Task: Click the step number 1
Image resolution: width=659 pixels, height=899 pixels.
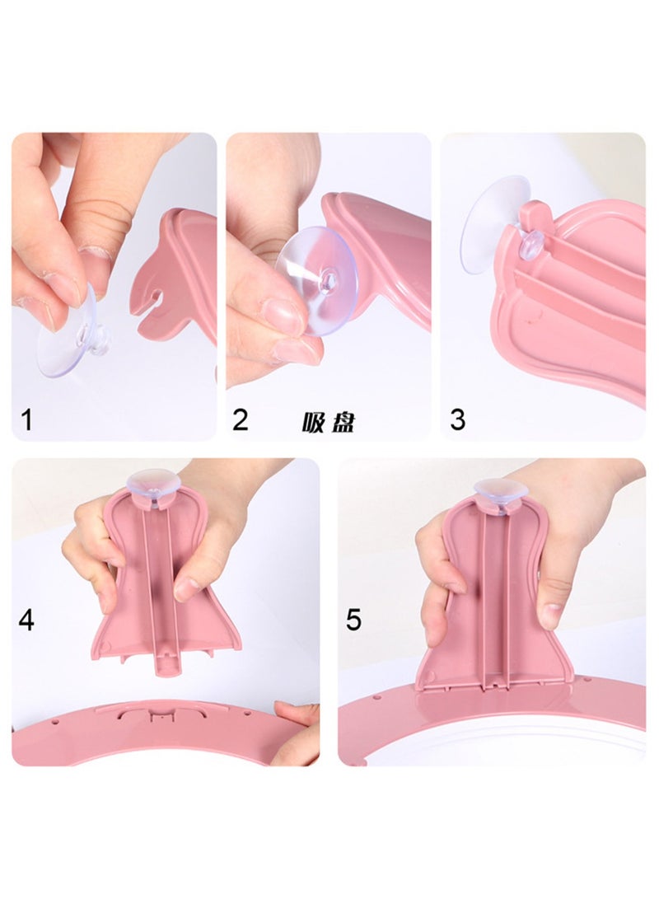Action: click(26, 420)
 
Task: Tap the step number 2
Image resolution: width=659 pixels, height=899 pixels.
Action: click(241, 420)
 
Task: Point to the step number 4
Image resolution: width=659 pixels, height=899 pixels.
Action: click(26, 620)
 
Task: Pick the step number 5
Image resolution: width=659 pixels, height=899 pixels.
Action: click(353, 620)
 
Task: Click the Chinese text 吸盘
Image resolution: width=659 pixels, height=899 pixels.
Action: click(328, 423)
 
